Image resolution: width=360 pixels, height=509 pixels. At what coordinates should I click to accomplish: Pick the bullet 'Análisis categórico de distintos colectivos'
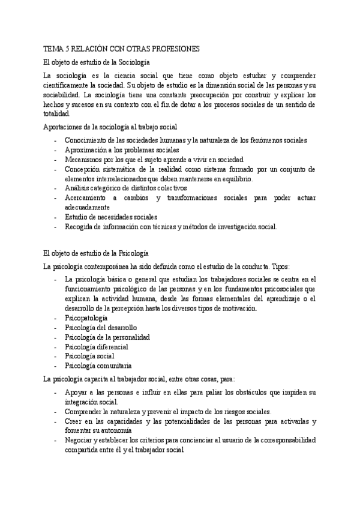[x=125, y=188]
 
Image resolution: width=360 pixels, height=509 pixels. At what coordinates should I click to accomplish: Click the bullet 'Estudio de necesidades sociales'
[x=111, y=217]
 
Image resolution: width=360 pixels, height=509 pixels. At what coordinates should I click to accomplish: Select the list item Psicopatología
[x=86, y=318]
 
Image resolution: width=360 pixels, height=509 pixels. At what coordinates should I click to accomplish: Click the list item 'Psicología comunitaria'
[x=98, y=365]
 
